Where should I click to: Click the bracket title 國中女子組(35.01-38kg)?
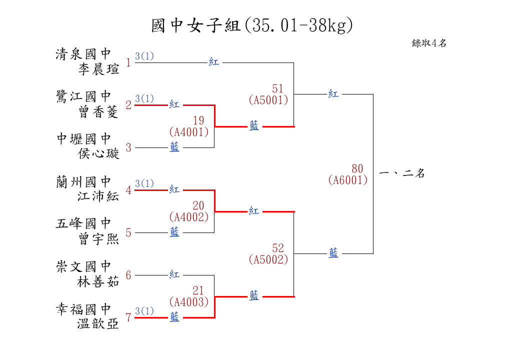pyautogui.click(x=252, y=25)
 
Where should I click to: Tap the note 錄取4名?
pyautogui.click(x=429, y=43)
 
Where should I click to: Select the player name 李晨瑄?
pyautogui.click(x=98, y=69)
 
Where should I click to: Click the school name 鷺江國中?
pyautogui.click(x=83, y=96)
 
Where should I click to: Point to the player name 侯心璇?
pyautogui.click(x=98, y=153)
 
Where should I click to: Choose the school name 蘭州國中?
pyautogui.click(x=83, y=181)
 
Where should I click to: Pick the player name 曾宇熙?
pyautogui.click(x=98, y=239)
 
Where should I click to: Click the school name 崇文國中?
pyautogui.click(x=83, y=266)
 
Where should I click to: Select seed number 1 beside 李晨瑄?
pyautogui.click(x=128, y=63)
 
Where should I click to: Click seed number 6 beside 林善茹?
pyautogui.click(x=128, y=275)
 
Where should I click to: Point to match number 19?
pyautogui.click(x=198, y=120)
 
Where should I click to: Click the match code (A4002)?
pyautogui.click(x=189, y=217)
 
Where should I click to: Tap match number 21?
pyautogui.click(x=198, y=290)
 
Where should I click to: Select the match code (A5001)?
pyautogui.click(x=268, y=100)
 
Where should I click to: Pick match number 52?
pyautogui.click(x=278, y=248)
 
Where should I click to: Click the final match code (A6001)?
pyautogui.click(x=348, y=180)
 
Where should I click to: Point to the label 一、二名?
pyautogui.click(x=402, y=174)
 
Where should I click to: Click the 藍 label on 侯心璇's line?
pyautogui.click(x=174, y=147)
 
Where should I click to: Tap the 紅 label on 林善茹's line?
pyautogui.click(x=174, y=274)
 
